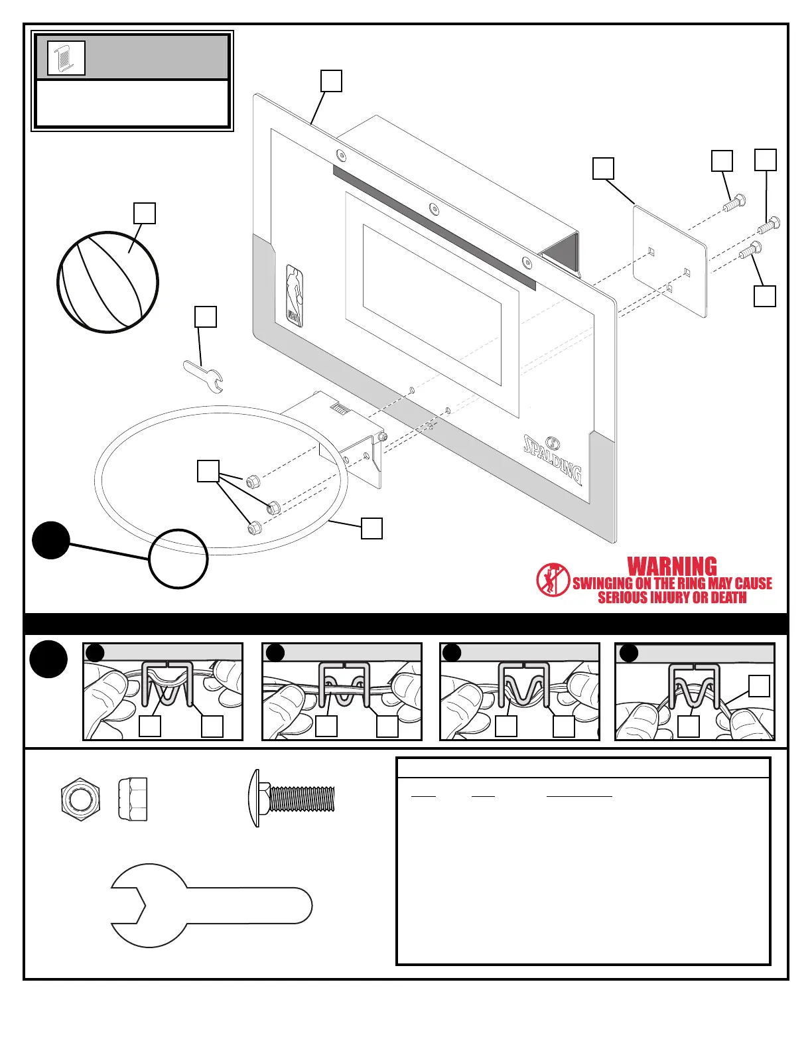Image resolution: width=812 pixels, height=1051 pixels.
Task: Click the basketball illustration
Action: click(107, 282)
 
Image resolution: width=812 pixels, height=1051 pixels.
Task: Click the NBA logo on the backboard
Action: click(295, 296)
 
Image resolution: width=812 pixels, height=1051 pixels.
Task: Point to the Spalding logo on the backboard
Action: click(553, 457)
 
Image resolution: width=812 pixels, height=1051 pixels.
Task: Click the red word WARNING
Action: click(672, 567)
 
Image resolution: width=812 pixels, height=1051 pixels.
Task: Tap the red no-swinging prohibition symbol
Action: click(553, 579)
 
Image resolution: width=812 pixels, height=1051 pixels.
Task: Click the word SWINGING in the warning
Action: click(602, 583)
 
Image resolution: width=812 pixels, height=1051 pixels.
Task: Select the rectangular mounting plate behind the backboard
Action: click(669, 260)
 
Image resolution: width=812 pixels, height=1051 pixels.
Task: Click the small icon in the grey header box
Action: click(66, 58)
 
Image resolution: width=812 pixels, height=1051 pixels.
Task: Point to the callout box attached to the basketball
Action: click(145, 214)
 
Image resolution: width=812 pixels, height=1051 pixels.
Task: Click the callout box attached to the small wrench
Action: click(206, 316)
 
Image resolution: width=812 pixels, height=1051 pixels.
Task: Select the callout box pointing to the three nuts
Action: click(208, 471)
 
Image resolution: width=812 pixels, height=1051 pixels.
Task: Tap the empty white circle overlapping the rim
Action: click(178, 559)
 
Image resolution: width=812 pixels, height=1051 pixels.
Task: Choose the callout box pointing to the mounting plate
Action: click(603, 168)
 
